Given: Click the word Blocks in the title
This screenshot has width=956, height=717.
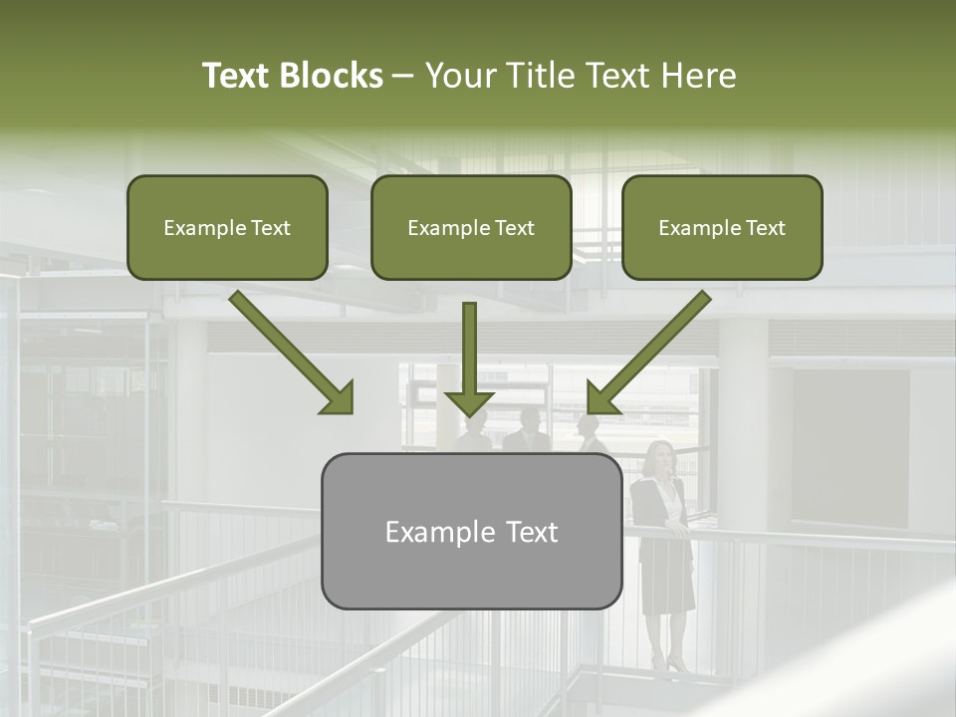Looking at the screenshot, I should point(332,76).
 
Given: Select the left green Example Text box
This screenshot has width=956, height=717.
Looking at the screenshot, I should point(227,228).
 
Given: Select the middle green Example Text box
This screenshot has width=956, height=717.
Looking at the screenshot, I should point(471,228).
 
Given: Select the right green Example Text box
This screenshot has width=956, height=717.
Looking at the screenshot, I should point(722,228).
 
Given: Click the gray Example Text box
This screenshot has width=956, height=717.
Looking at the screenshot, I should point(471,532).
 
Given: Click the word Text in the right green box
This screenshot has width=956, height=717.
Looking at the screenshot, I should point(765,228).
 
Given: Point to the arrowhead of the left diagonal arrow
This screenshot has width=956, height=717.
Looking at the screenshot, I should point(338,397).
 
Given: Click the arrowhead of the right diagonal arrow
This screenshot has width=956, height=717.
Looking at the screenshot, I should point(601,397).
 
